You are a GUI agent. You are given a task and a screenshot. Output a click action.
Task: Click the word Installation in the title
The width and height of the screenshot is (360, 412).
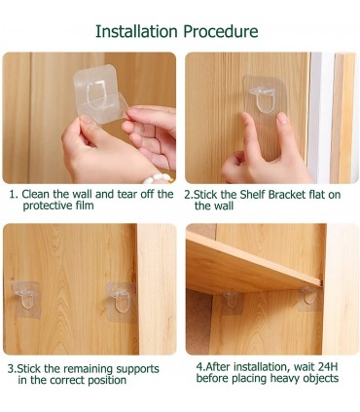136,31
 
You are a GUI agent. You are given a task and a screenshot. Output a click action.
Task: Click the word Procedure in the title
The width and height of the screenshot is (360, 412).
221,31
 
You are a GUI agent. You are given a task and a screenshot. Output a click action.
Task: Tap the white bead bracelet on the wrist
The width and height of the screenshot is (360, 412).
157,177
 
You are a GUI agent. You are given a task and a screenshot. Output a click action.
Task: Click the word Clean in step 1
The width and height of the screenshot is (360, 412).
36,194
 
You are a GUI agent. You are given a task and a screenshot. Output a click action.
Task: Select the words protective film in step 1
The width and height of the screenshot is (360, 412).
58,206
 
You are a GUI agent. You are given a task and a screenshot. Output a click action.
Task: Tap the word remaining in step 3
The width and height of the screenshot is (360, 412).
89,369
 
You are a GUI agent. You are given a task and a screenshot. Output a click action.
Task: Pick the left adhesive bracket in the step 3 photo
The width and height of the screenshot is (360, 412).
25,299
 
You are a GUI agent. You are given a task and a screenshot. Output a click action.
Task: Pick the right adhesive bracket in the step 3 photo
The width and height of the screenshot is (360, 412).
121,302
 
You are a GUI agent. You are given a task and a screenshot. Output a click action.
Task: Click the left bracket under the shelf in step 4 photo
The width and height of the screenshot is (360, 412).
232,302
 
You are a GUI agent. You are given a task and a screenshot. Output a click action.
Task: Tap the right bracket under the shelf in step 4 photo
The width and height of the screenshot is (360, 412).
308,298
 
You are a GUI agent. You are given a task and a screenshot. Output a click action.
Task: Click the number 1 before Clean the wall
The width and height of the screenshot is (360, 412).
13,195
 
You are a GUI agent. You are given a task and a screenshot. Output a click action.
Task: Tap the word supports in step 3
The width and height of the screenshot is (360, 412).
138,369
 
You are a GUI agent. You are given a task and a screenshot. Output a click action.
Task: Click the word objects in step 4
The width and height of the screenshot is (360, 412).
321,379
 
